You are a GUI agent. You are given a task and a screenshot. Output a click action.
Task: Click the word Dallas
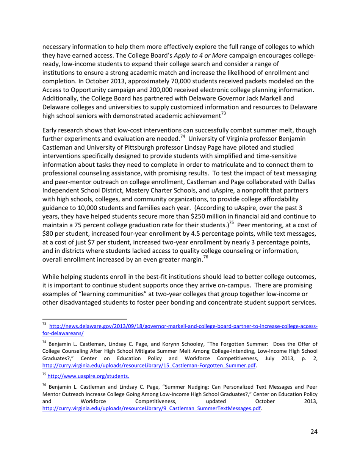click(x=306, y=181)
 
